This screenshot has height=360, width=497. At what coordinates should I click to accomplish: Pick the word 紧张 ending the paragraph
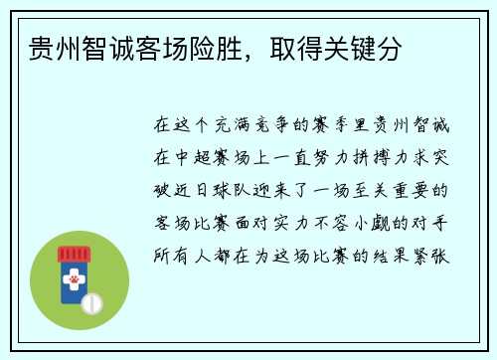[433, 251]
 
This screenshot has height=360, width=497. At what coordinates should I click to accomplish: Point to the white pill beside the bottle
[91, 302]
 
